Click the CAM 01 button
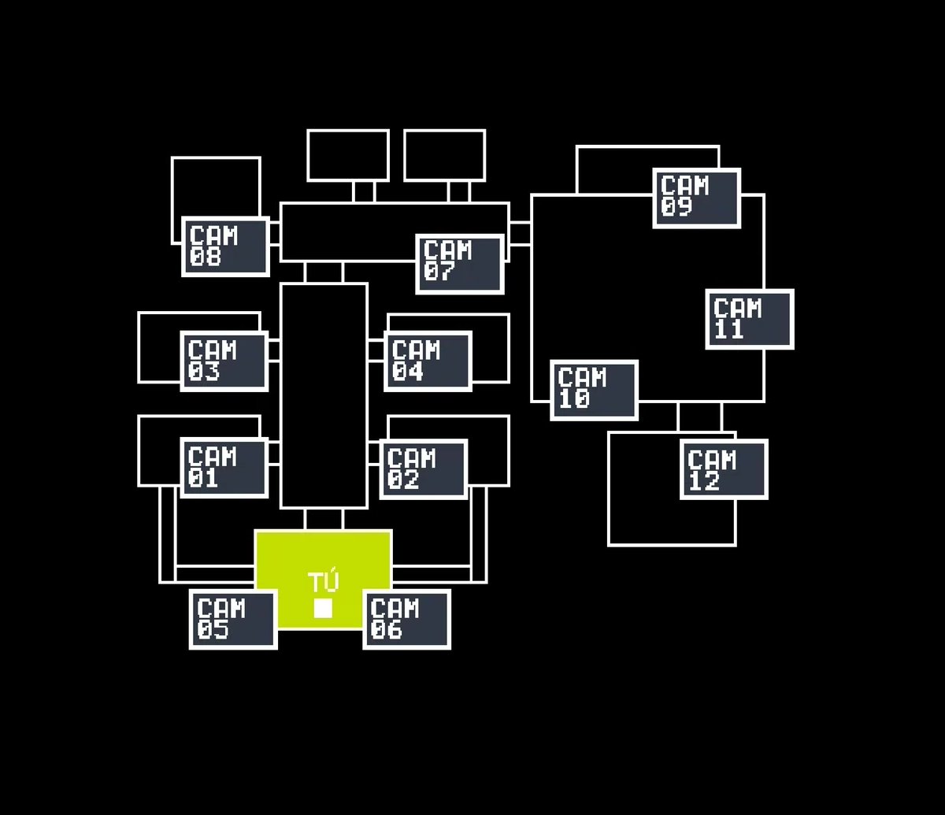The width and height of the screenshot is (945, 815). tap(224, 468)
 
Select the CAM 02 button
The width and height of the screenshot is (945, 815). tap(424, 469)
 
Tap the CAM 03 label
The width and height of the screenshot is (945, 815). tap(224, 361)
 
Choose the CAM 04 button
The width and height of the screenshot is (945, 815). tap(428, 361)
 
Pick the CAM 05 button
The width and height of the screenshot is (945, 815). tap(233, 619)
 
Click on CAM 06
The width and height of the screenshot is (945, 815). tap(406, 619)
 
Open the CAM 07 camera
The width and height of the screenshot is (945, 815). tap(459, 264)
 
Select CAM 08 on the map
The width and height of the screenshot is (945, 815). tap(226, 246)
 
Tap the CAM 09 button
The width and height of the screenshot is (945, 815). tap(696, 198)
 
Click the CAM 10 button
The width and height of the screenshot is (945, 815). tap(594, 390)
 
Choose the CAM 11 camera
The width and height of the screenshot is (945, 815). tap(749, 319)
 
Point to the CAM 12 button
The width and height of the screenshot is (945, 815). tap(724, 469)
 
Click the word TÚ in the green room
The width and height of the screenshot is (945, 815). tap(323, 583)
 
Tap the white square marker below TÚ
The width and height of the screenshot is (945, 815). tap(323, 609)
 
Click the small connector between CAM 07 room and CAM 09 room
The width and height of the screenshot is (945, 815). tap(520, 234)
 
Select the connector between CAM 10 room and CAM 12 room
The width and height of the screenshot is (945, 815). tap(699, 416)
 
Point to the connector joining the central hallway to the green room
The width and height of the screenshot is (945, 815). tap(324, 519)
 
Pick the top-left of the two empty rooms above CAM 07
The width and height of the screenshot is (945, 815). tap(348, 155)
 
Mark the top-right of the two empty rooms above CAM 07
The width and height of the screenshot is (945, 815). tap(445, 155)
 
